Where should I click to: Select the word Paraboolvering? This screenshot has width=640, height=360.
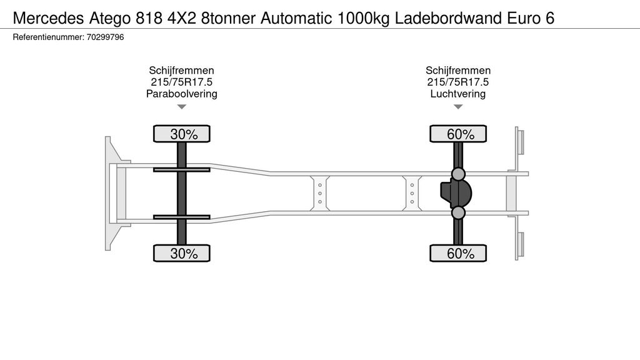tap(181, 94)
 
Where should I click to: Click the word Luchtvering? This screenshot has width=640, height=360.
tap(457, 94)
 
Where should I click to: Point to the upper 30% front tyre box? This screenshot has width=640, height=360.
tap(182, 134)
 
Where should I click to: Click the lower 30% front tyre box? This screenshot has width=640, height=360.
tap(182, 253)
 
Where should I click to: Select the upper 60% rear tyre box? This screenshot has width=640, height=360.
tap(457, 134)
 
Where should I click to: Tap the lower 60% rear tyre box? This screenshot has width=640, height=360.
tap(457, 253)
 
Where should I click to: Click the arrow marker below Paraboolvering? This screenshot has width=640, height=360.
tap(181, 107)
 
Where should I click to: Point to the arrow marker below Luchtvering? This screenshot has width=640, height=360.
tap(458, 107)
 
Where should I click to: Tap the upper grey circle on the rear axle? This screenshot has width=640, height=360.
tap(458, 173)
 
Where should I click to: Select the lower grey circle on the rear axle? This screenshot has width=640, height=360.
tap(458, 214)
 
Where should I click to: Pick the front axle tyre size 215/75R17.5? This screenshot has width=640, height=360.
tap(181, 82)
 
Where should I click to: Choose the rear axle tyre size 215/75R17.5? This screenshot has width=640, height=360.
tap(457, 82)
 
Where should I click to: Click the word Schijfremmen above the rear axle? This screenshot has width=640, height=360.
tap(457, 70)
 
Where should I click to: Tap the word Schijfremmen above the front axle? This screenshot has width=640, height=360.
tap(181, 70)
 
